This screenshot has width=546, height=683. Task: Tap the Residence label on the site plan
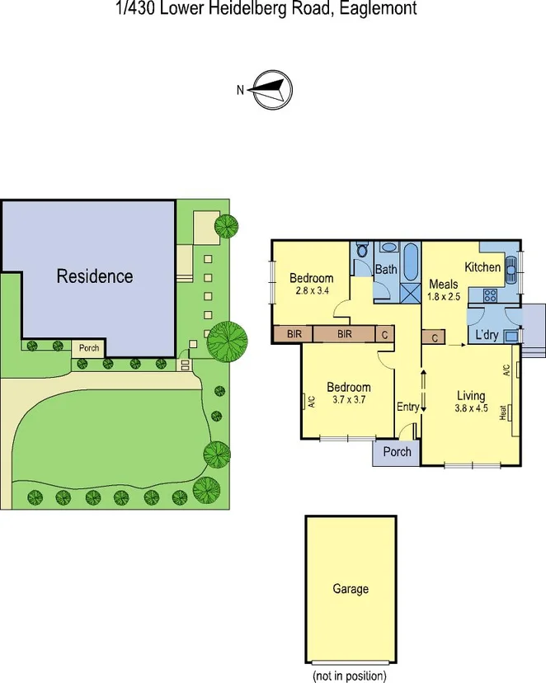tap(94, 276)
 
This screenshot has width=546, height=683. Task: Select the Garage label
tap(351, 589)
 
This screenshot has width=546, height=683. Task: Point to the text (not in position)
tap(349, 676)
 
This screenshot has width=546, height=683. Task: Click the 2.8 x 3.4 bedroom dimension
tap(311, 291)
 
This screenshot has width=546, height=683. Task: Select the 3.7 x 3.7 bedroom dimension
tap(348, 400)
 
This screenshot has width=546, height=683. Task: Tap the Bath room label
tap(386, 270)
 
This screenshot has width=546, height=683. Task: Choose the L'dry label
tap(487, 337)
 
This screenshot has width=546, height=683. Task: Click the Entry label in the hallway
tap(407, 407)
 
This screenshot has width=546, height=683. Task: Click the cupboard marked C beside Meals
tap(434, 337)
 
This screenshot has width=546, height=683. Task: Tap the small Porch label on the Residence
tap(89, 348)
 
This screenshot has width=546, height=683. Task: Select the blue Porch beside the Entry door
tap(397, 452)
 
